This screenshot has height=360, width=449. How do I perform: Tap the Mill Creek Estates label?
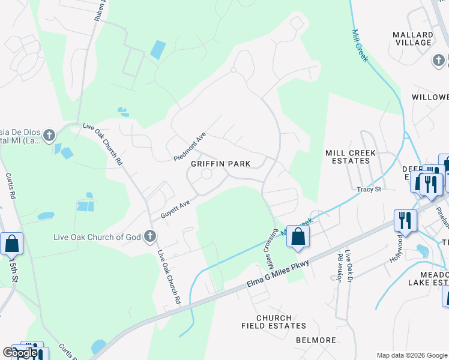click(x=351, y=157)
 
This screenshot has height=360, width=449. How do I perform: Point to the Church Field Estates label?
click(x=274, y=322)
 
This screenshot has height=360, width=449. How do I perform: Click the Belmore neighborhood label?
click(x=316, y=340)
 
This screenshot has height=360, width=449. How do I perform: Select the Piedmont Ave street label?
click(x=190, y=147)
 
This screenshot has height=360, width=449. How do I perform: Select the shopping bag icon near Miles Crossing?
click(x=297, y=236)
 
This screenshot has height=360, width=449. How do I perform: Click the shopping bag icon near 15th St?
click(x=11, y=244)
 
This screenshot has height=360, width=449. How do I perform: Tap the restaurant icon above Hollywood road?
click(x=405, y=220)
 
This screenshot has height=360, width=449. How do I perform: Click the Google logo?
click(x=20, y=353)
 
